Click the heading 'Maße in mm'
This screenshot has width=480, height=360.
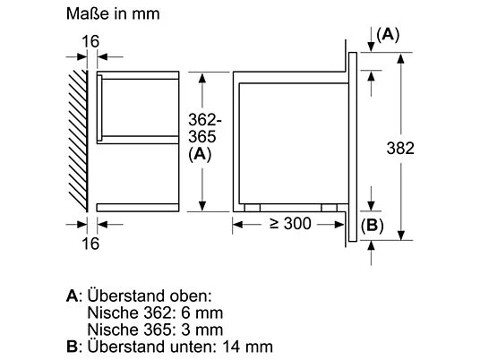click(x=113, y=13)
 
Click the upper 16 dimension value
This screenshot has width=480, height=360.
click(x=90, y=41)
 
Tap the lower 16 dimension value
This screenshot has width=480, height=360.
click(x=90, y=244)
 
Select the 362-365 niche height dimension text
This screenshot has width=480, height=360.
click(x=204, y=128)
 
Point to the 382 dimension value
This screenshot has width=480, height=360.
click(x=400, y=148)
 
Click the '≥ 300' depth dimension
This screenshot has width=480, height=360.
click(x=290, y=224)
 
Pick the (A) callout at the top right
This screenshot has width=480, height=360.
click(x=388, y=35)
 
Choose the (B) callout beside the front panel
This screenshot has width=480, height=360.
click(x=373, y=226)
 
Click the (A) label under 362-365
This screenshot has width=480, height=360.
click(x=200, y=154)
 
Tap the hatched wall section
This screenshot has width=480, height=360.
click(x=78, y=141)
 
